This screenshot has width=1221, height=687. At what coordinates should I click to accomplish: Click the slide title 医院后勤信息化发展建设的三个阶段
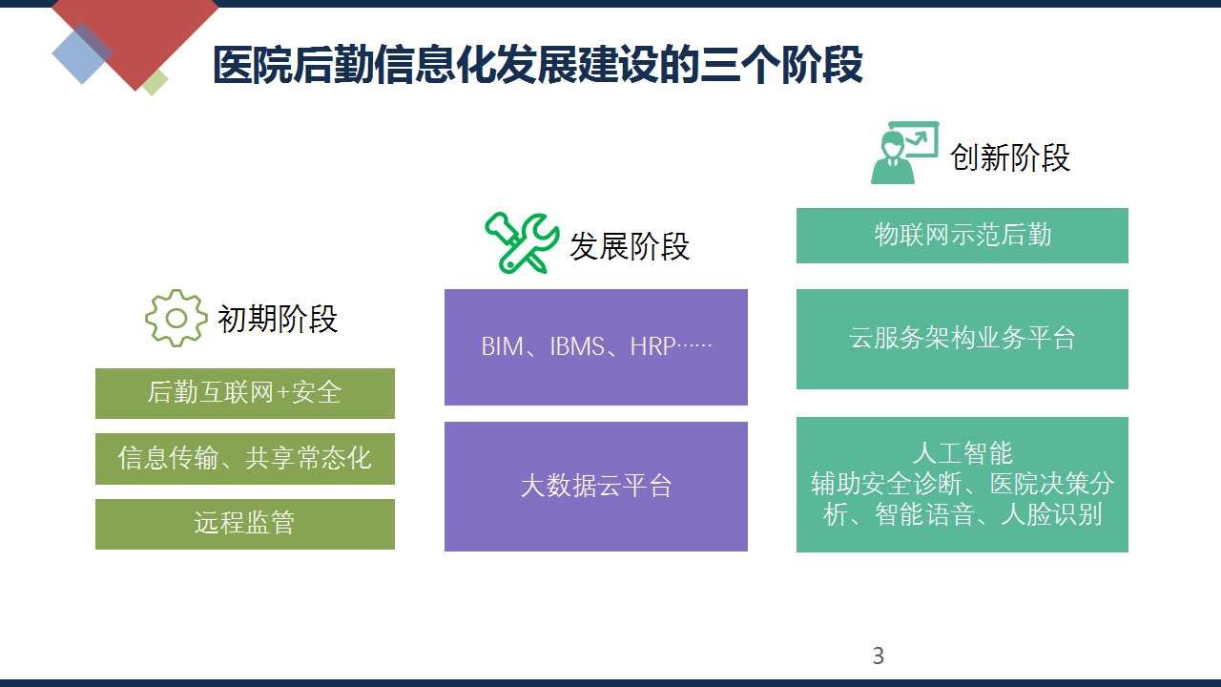tap(537, 65)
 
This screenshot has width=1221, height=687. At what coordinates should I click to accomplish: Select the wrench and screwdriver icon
tap(522, 242)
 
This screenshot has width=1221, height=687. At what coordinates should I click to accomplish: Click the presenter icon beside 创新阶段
tap(905, 152)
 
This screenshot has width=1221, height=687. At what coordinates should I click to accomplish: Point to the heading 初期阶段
tap(278, 319)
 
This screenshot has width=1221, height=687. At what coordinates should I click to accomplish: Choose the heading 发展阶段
tap(630, 246)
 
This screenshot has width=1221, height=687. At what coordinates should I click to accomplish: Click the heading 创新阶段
tap(1010, 157)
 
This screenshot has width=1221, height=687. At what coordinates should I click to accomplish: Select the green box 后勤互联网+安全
tap(245, 393)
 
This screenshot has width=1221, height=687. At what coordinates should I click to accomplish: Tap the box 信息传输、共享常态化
tap(245, 459)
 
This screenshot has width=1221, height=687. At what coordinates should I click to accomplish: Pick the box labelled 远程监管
tap(245, 524)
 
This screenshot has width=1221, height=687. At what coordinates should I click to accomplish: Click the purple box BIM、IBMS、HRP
tap(596, 346)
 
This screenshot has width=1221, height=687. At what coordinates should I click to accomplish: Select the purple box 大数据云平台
tap(596, 487)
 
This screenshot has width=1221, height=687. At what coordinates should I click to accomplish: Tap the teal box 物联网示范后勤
tap(962, 236)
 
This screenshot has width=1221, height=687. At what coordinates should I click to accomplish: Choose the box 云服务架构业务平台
tap(962, 339)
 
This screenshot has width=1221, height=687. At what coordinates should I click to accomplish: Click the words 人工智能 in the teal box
tap(962, 453)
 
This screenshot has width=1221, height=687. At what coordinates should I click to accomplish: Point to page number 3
tap(879, 656)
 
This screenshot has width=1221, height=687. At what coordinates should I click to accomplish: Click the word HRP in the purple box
tap(652, 346)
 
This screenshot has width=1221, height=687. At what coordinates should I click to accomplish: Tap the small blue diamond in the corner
tap(82, 53)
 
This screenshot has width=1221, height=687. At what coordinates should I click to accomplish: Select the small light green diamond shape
tap(155, 82)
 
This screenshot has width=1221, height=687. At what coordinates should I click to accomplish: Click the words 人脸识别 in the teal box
tap(1052, 514)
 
